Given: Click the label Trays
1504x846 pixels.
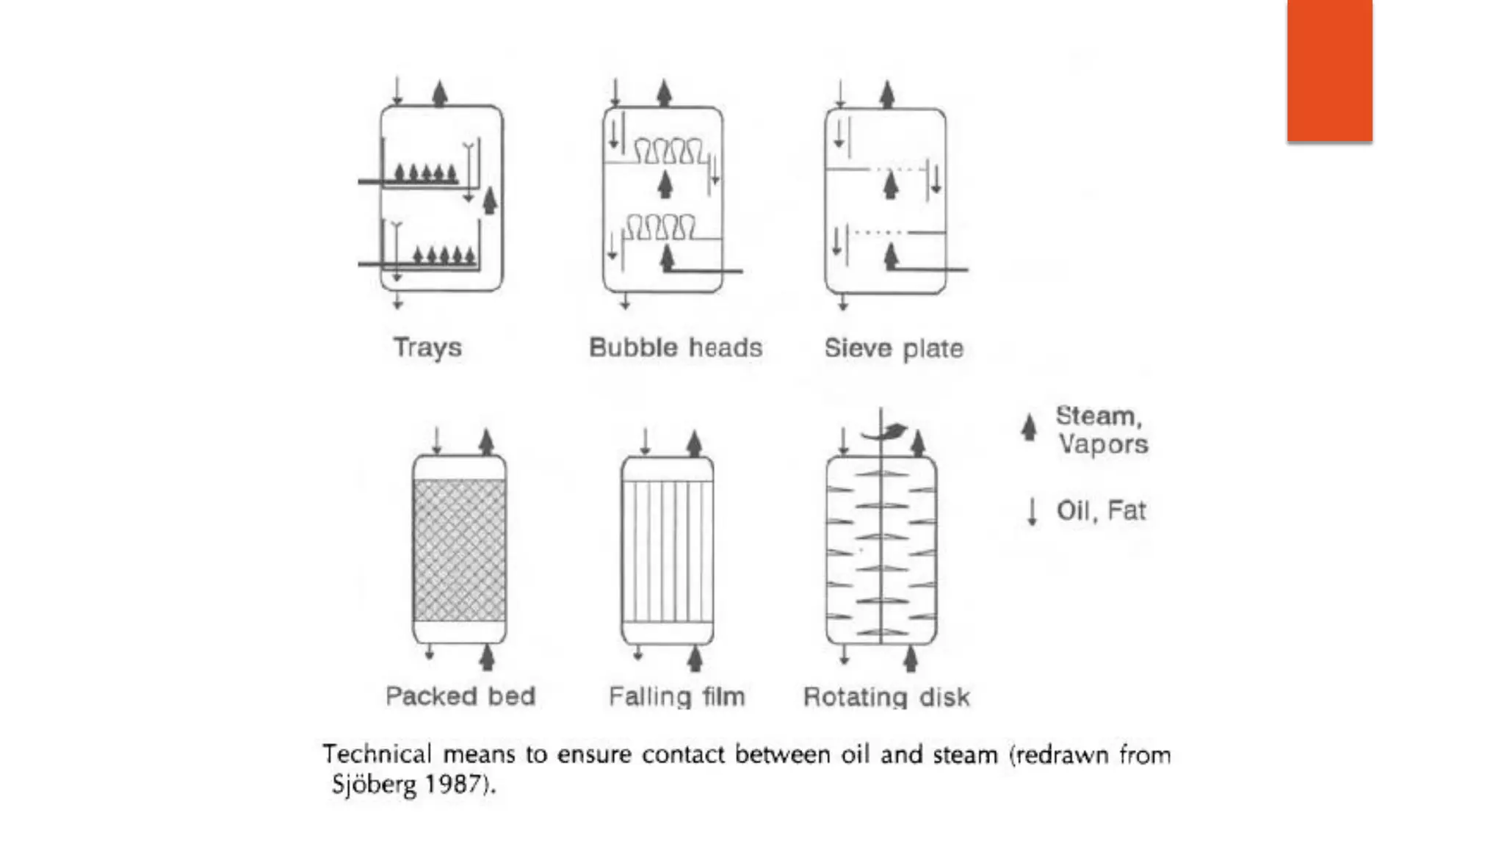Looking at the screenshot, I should (x=427, y=347).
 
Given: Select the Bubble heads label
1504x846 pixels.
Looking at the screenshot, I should (x=676, y=347).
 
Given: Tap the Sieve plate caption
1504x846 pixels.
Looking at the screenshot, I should (x=893, y=348).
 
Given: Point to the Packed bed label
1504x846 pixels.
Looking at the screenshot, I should (x=460, y=695).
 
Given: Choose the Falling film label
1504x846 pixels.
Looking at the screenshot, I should (x=676, y=696).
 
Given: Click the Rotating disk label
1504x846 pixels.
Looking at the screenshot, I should (x=886, y=697).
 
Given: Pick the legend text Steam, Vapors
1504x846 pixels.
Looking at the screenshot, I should (x=1102, y=430).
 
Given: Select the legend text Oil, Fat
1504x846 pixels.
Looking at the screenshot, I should (x=1101, y=510).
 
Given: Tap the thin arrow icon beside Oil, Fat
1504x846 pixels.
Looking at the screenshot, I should (x=1032, y=511).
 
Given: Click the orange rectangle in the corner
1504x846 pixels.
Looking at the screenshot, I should (x=1329, y=70).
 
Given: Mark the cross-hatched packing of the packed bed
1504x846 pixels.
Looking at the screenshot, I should (x=460, y=550).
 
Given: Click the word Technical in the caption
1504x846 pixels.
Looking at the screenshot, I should (x=377, y=754).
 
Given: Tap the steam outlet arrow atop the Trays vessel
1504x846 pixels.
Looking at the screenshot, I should (x=440, y=93).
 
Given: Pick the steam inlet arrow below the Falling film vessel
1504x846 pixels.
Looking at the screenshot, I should (x=695, y=658).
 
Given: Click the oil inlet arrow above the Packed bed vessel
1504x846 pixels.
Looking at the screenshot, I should (x=437, y=441).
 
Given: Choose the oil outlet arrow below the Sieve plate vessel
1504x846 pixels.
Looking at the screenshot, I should (x=843, y=302).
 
